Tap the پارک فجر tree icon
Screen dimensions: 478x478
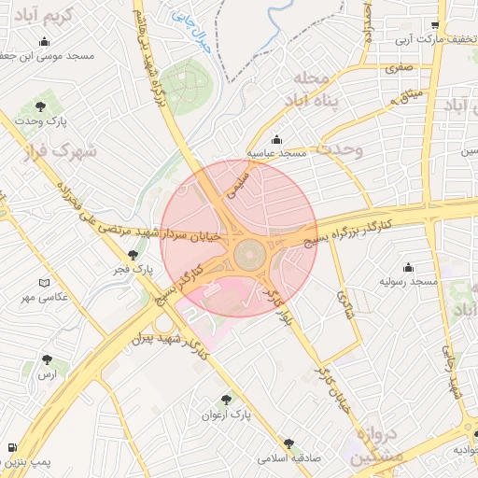pos(133,255)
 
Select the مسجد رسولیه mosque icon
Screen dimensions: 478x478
pos(407,267)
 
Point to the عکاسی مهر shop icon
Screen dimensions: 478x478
pos(46,283)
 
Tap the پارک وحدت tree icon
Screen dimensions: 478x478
pos(40,106)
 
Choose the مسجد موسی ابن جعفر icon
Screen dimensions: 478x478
pos(46,41)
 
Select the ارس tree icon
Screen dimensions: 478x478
pos(47,359)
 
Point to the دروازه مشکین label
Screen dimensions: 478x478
pos(378,446)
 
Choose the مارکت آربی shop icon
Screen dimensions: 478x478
pos(434,26)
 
